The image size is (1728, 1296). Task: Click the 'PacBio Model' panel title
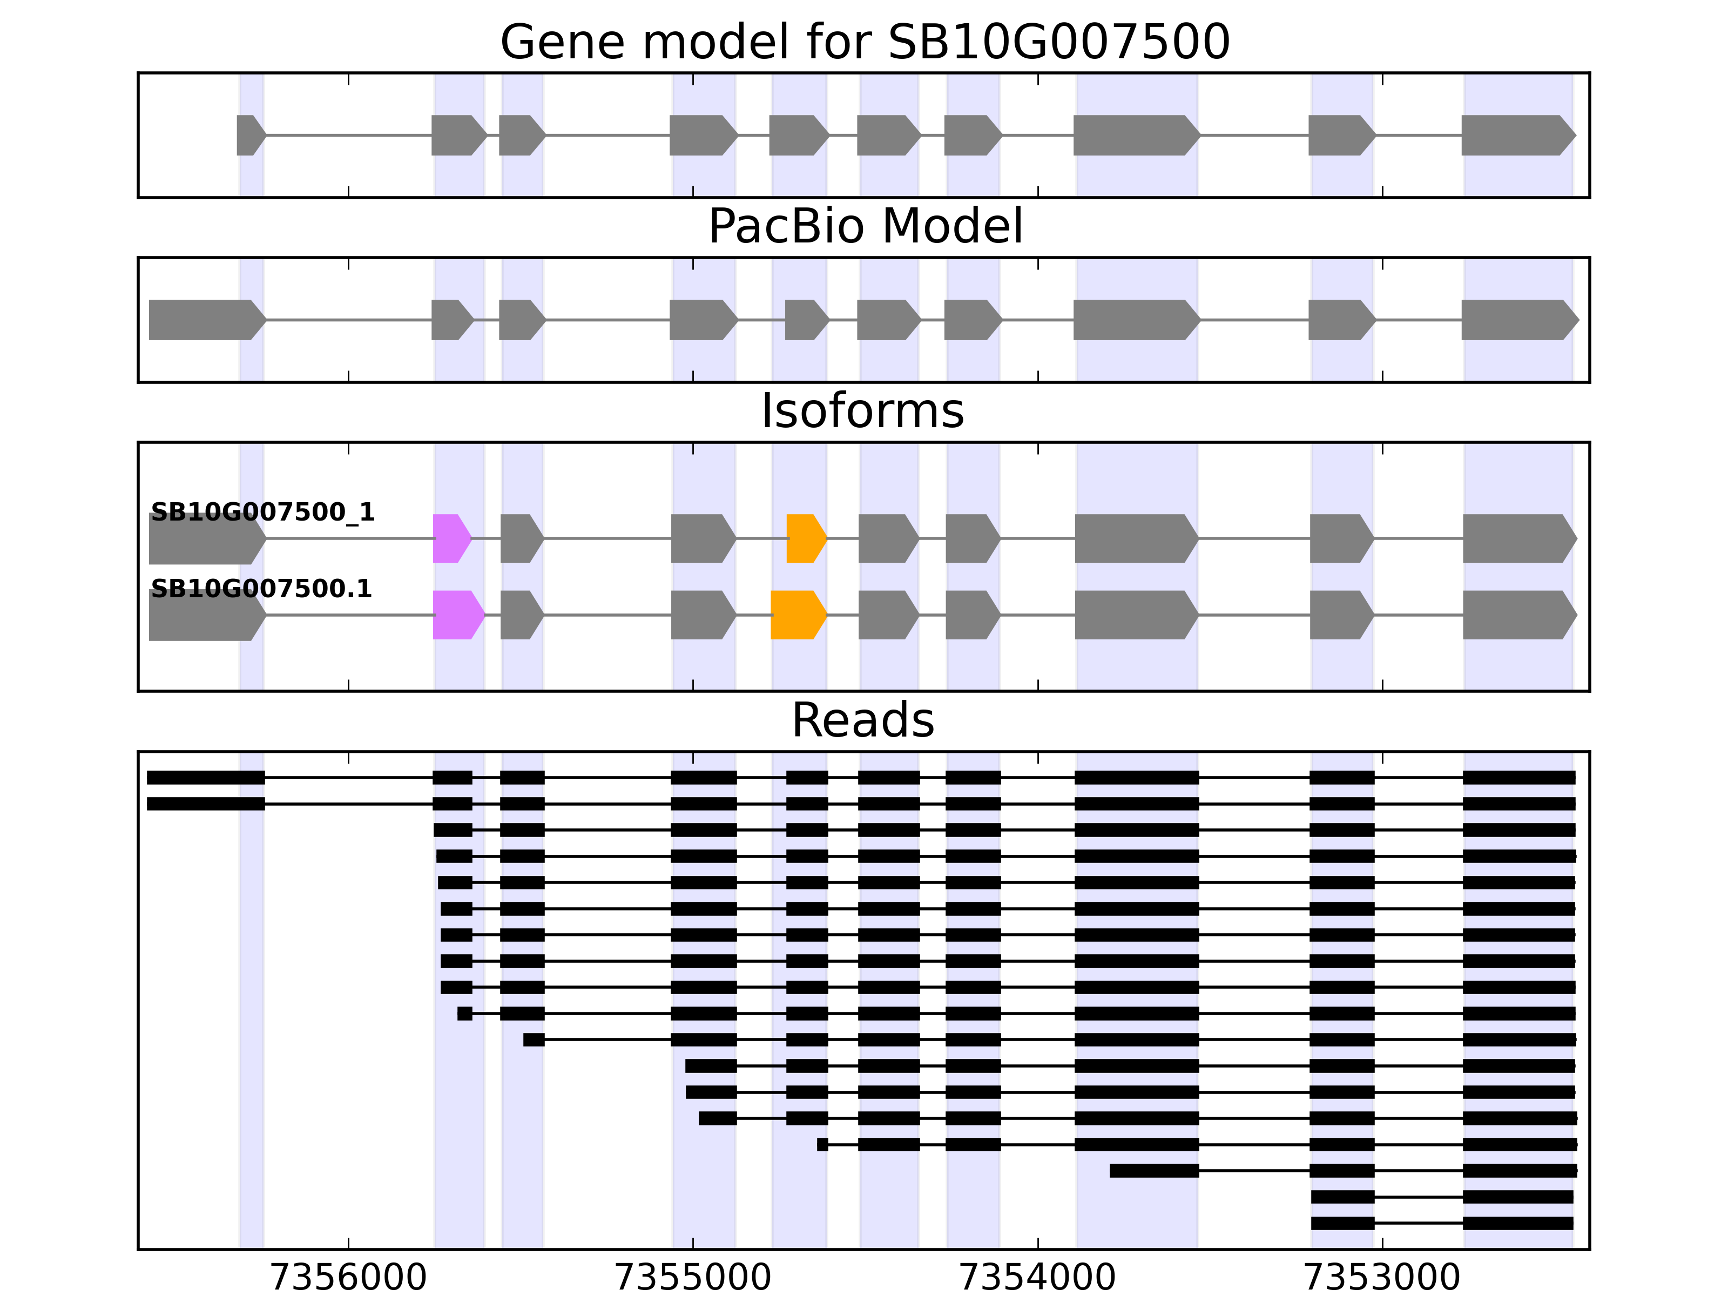tap(864, 227)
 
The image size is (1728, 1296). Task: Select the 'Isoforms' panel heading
tap(862, 411)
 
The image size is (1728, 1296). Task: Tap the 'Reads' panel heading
tap(862, 720)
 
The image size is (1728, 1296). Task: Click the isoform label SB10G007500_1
tap(262, 512)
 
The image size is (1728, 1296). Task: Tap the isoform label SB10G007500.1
tap(261, 589)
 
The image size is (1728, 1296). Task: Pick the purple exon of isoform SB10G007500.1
tap(457, 615)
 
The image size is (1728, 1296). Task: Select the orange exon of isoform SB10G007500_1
tap(805, 538)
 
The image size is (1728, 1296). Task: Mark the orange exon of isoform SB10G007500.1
tap(797, 615)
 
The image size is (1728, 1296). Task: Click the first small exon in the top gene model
tap(249, 135)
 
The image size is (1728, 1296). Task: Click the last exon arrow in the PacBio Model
tap(1518, 320)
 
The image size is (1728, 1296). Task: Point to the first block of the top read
tap(205, 777)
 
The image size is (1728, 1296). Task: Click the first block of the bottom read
tap(1342, 1223)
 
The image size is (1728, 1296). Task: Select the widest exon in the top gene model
tap(1135, 135)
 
